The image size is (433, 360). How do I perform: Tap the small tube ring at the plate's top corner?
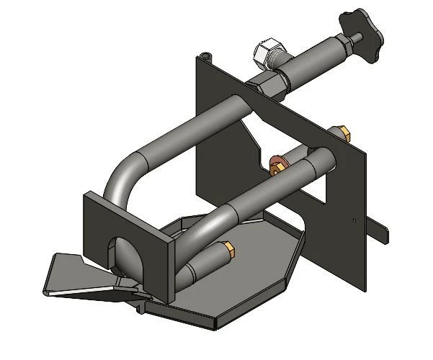coord(207,55)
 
